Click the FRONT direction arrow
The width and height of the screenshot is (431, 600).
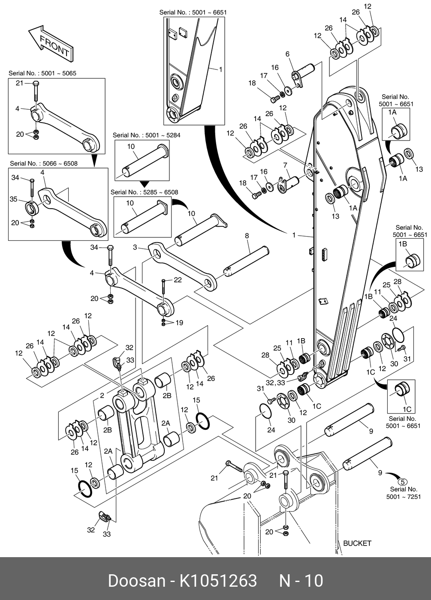[51, 45]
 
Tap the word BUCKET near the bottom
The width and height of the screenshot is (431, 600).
[357, 543]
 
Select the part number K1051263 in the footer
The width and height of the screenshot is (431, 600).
[218, 580]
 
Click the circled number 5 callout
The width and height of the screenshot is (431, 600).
[402, 482]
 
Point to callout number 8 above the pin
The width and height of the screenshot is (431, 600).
[247, 236]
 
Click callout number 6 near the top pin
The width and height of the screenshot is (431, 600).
[287, 54]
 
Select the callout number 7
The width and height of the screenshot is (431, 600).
[285, 165]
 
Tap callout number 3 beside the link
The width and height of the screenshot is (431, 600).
[135, 247]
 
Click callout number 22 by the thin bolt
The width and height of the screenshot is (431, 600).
[178, 280]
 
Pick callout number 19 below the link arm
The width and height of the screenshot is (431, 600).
[179, 323]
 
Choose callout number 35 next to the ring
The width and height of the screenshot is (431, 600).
[13, 199]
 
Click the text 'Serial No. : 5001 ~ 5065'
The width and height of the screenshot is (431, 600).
[42, 73]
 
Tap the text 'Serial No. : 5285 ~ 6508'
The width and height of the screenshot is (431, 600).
[144, 192]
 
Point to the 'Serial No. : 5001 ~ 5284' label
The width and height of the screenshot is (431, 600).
[146, 135]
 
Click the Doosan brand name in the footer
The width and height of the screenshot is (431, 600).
[137, 580]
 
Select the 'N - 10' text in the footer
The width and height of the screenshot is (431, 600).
[301, 580]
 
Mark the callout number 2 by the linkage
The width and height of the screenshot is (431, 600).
[102, 395]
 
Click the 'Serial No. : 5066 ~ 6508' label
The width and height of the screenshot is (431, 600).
[44, 163]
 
